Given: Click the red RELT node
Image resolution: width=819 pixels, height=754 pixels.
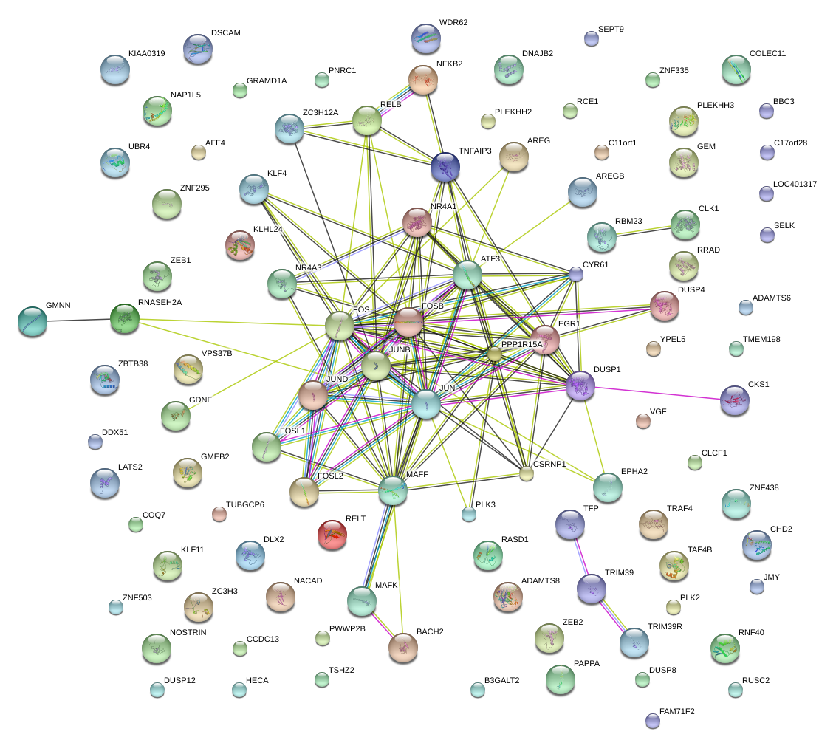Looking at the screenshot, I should pyautogui.click(x=332, y=535).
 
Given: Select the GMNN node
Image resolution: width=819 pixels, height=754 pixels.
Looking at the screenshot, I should pyautogui.click(x=32, y=321).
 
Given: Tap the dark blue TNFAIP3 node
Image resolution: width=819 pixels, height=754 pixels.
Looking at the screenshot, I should pyautogui.click(x=445, y=168).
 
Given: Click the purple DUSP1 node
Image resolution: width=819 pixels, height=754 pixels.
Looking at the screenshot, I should pyautogui.click(x=580, y=385).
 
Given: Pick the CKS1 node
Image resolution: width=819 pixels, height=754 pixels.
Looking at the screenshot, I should pyautogui.click(x=734, y=400).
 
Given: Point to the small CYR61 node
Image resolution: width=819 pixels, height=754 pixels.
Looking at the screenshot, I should pyautogui.click(x=576, y=274).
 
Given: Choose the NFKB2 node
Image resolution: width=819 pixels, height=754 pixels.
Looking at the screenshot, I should pyautogui.click(x=423, y=80).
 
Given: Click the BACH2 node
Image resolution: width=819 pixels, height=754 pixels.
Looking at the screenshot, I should pyautogui.click(x=402, y=648).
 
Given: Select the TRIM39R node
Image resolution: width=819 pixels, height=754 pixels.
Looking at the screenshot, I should pyautogui.click(x=634, y=642).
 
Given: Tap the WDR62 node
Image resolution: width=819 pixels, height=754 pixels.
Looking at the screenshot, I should pyautogui.click(x=425, y=38).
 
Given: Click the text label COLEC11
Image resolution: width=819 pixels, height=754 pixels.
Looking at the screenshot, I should pyautogui.click(x=767, y=54).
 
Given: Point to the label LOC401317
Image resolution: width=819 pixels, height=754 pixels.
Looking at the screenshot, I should pyautogui.click(x=795, y=184).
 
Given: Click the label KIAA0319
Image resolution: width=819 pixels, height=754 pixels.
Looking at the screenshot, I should pyautogui.click(x=146, y=54).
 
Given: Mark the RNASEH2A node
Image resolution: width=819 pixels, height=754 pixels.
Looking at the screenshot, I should pyautogui.click(x=124, y=318).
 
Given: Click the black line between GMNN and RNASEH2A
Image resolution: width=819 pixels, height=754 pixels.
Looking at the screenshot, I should pyautogui.click(x=78, y=319).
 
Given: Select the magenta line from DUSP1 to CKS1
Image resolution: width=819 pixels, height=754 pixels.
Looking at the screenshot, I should pyautogui.click(x=657, y=393).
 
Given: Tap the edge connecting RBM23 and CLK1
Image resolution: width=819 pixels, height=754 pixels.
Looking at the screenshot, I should pyautogui.click(x=643, y=230).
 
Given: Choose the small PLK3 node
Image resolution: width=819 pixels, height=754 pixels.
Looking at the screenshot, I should pyautogui.click(x=468, y=514).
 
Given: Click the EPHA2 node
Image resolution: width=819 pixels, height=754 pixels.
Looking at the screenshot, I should pyautogui.click(x=607, y=487).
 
